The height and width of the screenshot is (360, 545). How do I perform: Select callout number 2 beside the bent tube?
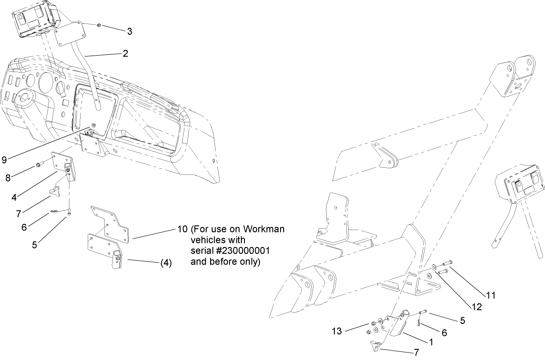pos(126,53)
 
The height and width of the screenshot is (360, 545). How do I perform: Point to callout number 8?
pos(8,178)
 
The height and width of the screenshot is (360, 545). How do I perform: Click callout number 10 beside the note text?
pos(182,230)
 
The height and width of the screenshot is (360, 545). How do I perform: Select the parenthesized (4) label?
pos(166,263)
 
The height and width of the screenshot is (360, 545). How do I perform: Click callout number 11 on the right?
pos(490,295)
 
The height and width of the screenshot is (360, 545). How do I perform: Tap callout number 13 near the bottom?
pos(337,331)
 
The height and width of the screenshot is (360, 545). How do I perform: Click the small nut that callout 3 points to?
pos(99,25)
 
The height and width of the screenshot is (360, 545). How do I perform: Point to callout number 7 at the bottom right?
pos(416,352)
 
